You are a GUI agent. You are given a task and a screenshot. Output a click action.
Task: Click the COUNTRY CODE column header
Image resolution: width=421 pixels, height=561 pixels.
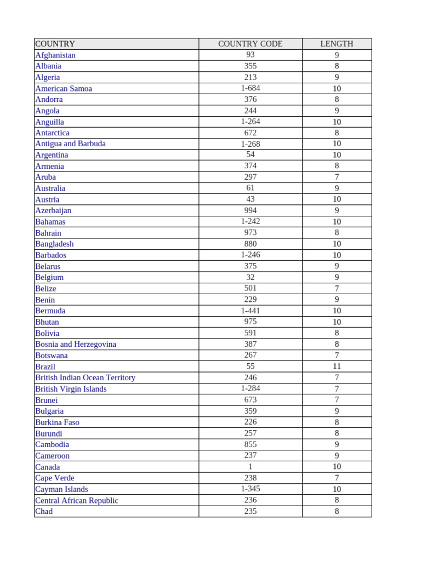click(x=250, y=44)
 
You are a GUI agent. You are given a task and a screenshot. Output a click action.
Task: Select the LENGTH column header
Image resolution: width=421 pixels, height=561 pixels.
click(x=337, y=44)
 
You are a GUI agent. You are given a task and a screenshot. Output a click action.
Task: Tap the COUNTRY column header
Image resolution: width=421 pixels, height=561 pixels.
click(x=55, y=44)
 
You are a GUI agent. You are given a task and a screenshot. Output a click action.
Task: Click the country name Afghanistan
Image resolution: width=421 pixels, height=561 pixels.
click(x=55, y=55)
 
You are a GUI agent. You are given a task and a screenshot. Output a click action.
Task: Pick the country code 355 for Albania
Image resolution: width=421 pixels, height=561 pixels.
click(x=250, y=66)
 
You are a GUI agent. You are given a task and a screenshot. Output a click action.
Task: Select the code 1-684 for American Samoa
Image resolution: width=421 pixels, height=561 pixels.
click(x=250, y=88)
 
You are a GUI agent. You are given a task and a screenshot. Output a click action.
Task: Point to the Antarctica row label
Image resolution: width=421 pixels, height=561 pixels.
click(x=52, y=133)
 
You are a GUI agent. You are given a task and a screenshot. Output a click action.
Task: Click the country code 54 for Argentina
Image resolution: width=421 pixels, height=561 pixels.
click(x=250, y=154)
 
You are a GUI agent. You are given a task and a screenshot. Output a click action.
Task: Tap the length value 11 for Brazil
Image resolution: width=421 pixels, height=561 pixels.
click(x=337, y=366)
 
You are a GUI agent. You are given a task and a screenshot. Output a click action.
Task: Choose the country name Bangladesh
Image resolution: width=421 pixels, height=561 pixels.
click(x=54, y=244)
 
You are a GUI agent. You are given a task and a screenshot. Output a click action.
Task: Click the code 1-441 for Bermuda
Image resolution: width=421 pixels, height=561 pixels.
click(x=250, y=311)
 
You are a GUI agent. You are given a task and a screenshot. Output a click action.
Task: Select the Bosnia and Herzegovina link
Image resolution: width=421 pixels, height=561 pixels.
click(x=76, y=344)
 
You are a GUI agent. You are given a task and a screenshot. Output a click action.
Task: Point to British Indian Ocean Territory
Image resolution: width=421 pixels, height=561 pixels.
click(x=85, y=377)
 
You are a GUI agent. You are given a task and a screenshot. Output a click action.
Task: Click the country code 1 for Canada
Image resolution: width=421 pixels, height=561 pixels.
click(x=250, y=466)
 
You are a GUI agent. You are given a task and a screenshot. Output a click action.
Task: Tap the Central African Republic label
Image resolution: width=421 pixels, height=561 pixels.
click(x=77, y=500)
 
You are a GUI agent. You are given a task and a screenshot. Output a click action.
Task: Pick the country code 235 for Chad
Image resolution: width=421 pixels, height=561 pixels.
click(x=250, y=511)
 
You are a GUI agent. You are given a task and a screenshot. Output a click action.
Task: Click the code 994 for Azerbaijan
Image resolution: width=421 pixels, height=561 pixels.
click(x=250, y=210)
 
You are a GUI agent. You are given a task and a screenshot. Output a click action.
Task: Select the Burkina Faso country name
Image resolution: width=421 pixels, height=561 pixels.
click(x=57, y=422)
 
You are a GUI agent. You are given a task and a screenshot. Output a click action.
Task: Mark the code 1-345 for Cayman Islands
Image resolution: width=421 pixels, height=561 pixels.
click(x=250, y=489)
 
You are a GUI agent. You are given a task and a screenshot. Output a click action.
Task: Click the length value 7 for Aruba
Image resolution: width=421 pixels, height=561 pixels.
click(x=337, y=177)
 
